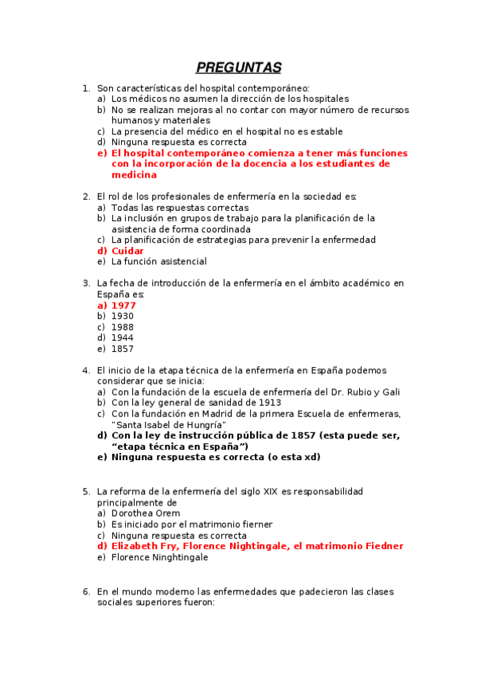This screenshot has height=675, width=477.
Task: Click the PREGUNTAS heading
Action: click(238, 68)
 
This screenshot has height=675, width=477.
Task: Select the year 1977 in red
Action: click(123, 305)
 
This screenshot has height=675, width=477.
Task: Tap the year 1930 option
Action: click(123, 316)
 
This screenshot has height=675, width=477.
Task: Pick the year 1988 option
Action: click(123, 327)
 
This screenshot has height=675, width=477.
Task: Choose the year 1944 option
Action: click(123, 337)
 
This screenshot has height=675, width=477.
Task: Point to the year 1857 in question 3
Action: click(123, 349)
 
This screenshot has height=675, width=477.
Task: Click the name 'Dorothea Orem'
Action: click(146, 513)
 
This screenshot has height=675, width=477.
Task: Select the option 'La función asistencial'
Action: click(159, 261)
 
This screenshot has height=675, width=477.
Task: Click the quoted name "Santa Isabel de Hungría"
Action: click(169, 424)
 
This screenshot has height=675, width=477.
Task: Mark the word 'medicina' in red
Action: click(134, 174)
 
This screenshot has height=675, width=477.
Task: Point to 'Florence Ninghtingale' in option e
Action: click(160, 557)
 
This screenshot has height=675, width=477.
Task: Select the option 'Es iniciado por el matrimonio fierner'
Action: click(192, 525)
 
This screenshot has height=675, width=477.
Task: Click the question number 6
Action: click(86, 592)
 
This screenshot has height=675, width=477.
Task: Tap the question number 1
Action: click(86, 88)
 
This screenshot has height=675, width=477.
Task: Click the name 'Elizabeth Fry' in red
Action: click(145, 546)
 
